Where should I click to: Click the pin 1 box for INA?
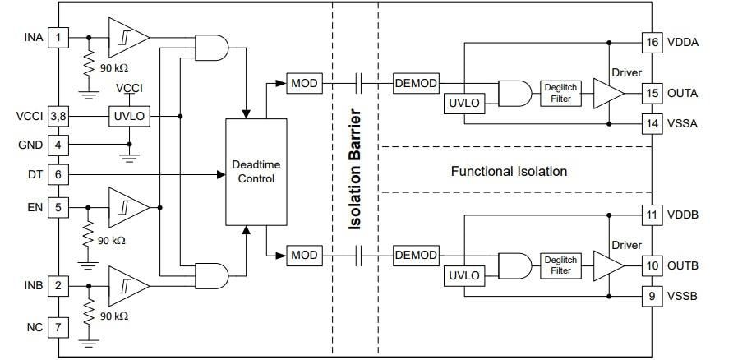tap(58, 37)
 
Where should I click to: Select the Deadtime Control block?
tap(256, 171)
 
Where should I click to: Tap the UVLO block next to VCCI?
tap(128, 116)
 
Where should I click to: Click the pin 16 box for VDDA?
tap(652, 42)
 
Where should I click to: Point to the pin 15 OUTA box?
tap(652, 93)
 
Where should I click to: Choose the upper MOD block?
tap(303, 82)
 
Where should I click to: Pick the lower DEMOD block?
tap(415, 255)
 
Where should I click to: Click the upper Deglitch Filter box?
tap(560, 93)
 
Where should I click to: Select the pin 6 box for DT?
tap(58, 174)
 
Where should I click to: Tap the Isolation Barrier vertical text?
tap(356, 168)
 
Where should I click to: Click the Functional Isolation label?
tap(509, 171)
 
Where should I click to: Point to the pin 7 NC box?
tap(58, 327)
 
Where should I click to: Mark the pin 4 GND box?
tap(58, 145)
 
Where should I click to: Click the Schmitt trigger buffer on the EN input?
tap(130, 206)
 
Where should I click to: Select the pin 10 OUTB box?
tap(652, 265)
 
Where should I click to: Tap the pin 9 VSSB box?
tap(652, 295)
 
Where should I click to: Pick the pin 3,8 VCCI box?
tap(58, 116)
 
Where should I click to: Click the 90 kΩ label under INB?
tap(113, 316)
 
